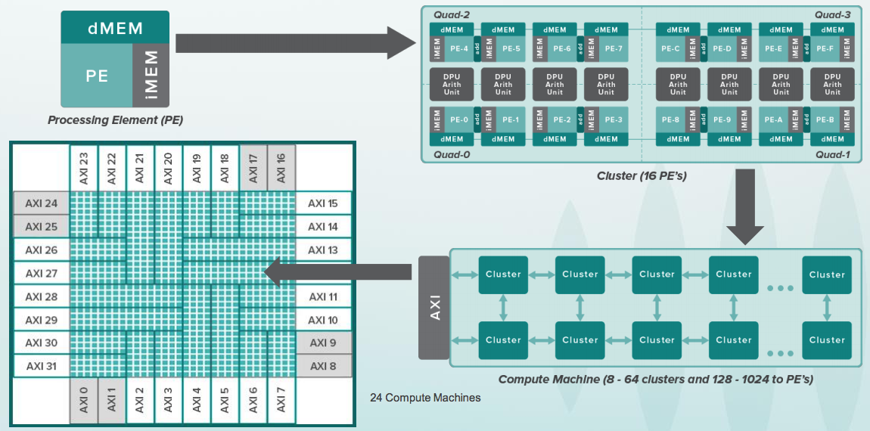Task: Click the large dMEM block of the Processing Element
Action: [x=114, y=29]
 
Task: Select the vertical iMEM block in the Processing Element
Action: [x=150, y=75]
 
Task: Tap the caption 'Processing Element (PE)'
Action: [x=115, y=120]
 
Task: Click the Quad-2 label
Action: [x=452, y=14]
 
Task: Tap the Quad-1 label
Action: [x=834, y=154]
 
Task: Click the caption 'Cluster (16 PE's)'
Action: [x=637, y=176]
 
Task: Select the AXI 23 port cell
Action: [x=83, y=167]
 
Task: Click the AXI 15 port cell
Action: [x=323, y=203]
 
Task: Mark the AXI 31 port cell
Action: [x=41, y=366]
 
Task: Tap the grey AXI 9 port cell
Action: [x=323, y=343]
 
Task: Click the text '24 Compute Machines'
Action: [x=425, y=398]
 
